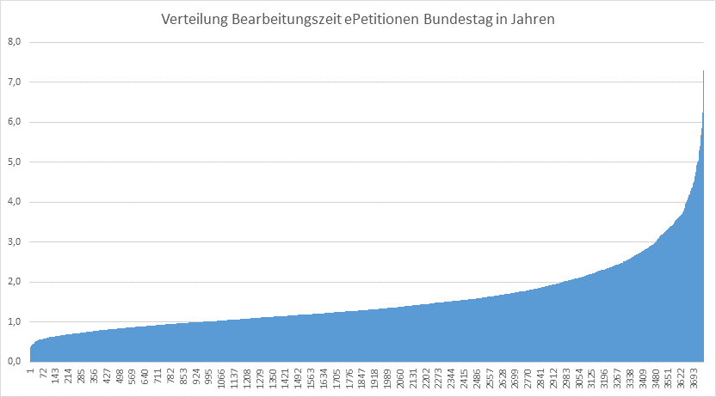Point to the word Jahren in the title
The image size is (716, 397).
tap(534, 20)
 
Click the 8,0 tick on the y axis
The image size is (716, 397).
tap(14, 42)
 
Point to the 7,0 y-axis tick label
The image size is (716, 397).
tap(14, 82)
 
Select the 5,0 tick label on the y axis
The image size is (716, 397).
tap(14, 162)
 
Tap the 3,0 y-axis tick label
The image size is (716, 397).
tap(14, 242)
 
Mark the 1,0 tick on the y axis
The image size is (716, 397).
tap(14, 322)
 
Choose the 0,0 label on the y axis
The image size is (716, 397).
tap(14, 362)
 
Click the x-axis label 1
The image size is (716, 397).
tap(30, 371)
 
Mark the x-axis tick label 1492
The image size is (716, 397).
tap(299, 379)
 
